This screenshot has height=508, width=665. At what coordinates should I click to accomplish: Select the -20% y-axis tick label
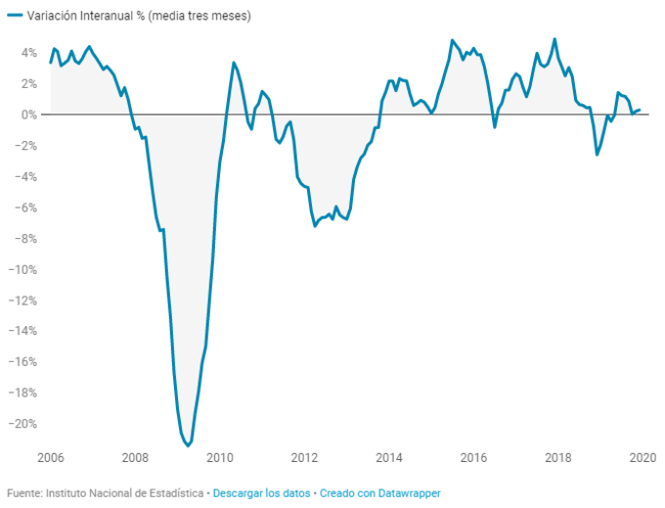22,424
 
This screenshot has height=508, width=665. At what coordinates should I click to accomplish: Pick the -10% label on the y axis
22,269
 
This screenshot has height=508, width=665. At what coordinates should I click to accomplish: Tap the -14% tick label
22,331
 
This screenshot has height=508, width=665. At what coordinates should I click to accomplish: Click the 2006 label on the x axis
50,457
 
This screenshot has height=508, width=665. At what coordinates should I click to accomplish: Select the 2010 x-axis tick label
220,457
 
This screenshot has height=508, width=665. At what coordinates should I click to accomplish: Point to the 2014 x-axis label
389,457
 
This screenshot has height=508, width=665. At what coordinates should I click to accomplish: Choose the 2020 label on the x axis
643,457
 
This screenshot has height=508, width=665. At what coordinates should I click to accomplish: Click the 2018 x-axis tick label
558,457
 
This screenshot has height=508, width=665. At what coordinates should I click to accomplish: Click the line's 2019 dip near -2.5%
597,155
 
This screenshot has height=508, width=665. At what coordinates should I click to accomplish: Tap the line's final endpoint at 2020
640,110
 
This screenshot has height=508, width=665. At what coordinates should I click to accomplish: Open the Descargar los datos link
261,492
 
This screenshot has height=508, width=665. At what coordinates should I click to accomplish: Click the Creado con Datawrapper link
379,492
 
